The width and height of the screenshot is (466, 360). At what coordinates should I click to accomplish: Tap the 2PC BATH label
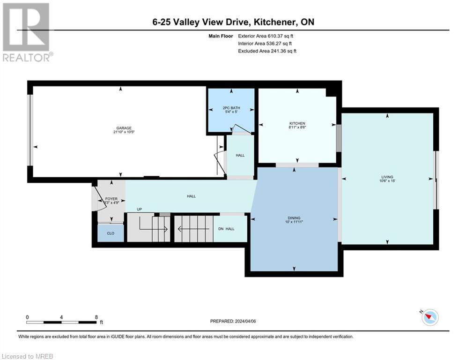(231, 108)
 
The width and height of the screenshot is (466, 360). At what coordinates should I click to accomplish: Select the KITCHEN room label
(297, 123)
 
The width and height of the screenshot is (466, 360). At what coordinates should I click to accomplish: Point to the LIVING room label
(387, 177)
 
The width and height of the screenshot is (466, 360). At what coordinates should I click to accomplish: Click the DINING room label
(294, 218)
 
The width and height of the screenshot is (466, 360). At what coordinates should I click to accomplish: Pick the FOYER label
(111, 199)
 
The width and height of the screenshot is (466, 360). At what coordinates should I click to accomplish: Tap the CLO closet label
(111, 233)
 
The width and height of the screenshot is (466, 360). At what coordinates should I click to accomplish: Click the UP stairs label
(139, 209)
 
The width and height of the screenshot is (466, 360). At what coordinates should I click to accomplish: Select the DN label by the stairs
(221, 229)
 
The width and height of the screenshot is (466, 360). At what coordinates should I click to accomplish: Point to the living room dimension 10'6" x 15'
(387, 181)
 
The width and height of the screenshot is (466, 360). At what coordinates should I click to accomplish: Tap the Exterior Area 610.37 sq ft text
(266, 36)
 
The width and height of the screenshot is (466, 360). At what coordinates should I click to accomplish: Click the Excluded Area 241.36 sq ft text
(267, 51)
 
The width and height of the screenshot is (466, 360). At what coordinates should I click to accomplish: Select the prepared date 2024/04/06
(233, 321)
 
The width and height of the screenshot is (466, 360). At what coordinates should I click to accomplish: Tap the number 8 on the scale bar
(96, 317)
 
